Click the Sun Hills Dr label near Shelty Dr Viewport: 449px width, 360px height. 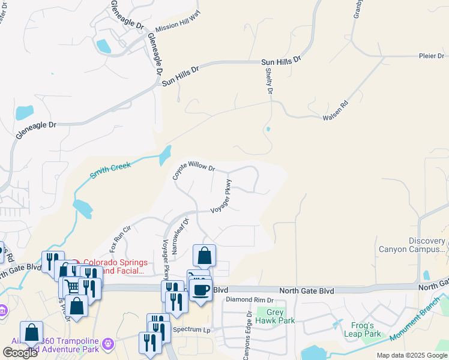click(x=281, y=62)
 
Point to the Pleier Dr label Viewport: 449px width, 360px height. click(x=431, y=56)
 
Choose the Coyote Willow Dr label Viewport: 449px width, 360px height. click(x=193, y=169)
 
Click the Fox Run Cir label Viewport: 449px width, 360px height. click(x=120, y=238)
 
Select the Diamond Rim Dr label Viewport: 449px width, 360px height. click(x=249, y=300)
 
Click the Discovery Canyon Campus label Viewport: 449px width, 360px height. click(x=411, y=245)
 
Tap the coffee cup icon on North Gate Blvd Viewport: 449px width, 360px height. click(x=200, y=290)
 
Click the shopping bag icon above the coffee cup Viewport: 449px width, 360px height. click(x=204, y=256)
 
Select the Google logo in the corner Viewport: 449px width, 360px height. click(x=20, y=353)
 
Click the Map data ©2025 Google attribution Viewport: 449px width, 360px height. click(x=411, y=355)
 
